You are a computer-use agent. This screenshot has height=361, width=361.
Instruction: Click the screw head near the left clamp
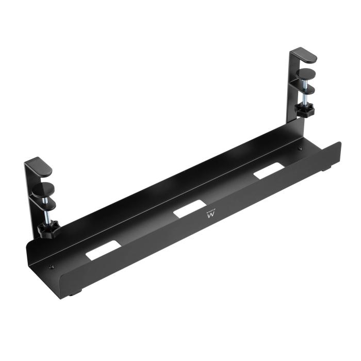click(51, 267)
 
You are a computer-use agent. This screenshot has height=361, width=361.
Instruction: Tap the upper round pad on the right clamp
click(306, 73)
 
